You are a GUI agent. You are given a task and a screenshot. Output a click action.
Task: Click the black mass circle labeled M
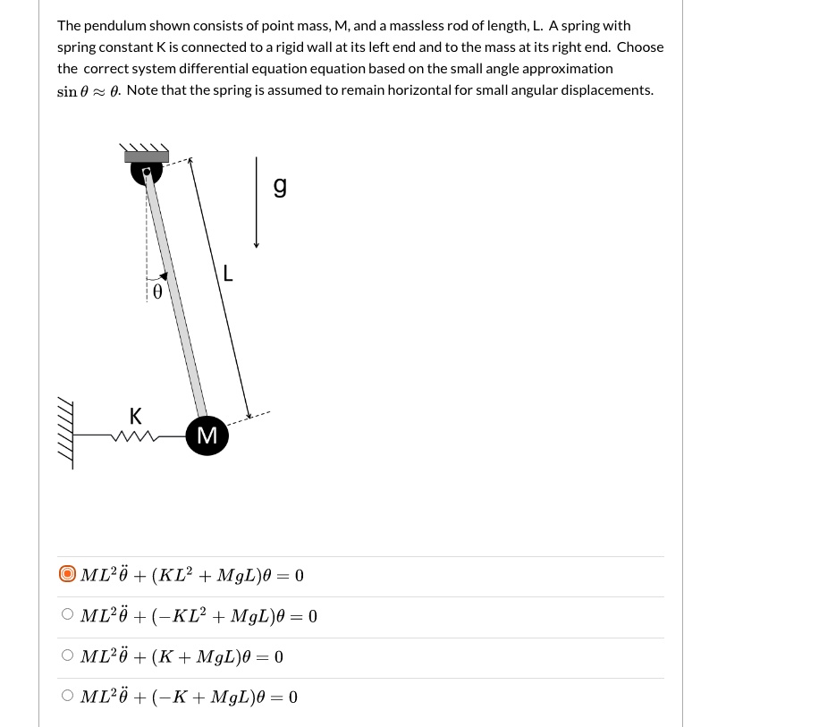207,435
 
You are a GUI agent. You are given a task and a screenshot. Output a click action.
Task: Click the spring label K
135,416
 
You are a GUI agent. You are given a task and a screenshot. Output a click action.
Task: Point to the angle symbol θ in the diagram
157,292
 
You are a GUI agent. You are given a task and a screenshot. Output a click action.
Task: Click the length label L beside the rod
228,274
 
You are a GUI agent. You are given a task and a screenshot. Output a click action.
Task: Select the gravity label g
280,185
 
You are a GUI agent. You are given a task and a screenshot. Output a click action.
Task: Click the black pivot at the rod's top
147,170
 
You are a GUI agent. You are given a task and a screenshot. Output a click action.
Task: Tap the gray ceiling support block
146,156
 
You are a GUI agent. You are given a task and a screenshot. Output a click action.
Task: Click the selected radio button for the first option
67,574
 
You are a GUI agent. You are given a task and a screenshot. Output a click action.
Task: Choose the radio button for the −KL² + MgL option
67,614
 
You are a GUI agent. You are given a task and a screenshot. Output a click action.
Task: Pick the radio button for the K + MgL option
67,655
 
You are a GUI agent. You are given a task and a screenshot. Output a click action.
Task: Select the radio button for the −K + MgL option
67,696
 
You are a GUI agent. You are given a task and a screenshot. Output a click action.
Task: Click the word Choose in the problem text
639,47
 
